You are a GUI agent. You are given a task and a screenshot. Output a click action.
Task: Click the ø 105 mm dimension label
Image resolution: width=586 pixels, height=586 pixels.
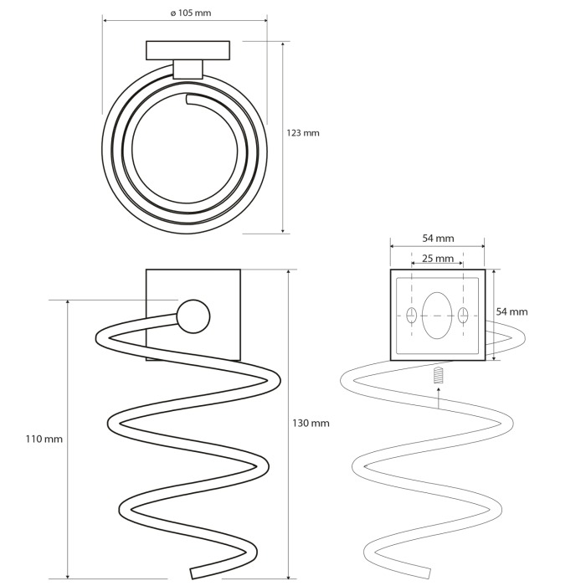click(191, 13)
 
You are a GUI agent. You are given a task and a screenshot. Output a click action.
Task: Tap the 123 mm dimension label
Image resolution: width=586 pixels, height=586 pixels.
click(303, 133)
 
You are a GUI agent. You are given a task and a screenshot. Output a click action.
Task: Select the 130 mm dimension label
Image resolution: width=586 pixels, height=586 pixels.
click(311, 423)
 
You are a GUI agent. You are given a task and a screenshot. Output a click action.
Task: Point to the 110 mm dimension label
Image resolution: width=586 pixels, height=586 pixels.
click(44, 439)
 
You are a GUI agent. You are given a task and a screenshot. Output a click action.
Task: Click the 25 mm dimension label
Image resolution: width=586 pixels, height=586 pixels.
click(438, 258)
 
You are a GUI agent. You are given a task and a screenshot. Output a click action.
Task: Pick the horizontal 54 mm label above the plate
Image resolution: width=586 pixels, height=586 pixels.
click(439, 238)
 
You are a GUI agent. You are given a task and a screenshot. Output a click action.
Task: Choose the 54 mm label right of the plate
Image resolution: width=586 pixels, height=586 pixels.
click(512, 311)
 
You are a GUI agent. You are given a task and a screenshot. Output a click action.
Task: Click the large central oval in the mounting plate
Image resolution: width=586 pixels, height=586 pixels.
click(437, 316)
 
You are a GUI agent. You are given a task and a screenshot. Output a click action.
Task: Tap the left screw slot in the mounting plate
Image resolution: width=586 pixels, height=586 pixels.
click(412, 316)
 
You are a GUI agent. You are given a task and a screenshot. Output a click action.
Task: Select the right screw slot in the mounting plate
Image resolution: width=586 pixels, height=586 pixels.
click(463, 316)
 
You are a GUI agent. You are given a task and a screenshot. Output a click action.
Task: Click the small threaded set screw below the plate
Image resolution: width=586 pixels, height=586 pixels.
click(439, 375)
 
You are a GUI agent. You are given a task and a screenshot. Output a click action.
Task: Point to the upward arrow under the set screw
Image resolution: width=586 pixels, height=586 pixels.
click(439, 397)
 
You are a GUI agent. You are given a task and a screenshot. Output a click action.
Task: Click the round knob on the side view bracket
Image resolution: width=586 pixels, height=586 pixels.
click(193, 316)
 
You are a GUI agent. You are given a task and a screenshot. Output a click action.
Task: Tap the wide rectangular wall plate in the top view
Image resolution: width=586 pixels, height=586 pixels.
click(188, 50)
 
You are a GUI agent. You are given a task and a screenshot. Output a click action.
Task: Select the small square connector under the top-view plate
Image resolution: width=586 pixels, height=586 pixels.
click(188, 69)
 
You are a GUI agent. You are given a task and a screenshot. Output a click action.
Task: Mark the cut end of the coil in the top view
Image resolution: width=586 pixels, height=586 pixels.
click(188, 100)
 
